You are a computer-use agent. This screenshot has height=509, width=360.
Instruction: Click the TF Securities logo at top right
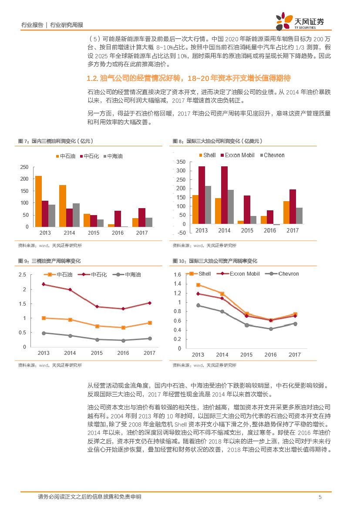coord(300,20)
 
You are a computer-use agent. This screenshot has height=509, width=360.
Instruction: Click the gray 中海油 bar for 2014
coord(76,215)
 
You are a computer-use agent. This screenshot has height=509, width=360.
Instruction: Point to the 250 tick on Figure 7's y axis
coord(24,167)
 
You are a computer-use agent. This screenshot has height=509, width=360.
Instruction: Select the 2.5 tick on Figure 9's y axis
coord(22,275)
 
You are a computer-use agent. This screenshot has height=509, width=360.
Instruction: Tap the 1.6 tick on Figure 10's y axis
coord(177,275)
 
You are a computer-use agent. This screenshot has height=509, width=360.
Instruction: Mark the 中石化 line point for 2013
coord(44,284)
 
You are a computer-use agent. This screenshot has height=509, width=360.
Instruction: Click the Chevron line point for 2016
coord(271,329)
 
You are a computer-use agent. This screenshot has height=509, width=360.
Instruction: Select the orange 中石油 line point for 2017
coord(149,323)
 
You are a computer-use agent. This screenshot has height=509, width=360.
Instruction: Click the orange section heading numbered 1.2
coord(188,78)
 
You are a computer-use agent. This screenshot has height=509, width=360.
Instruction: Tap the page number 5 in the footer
coord(320,497)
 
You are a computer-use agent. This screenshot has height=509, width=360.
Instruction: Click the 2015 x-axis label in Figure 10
coord(246,355)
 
